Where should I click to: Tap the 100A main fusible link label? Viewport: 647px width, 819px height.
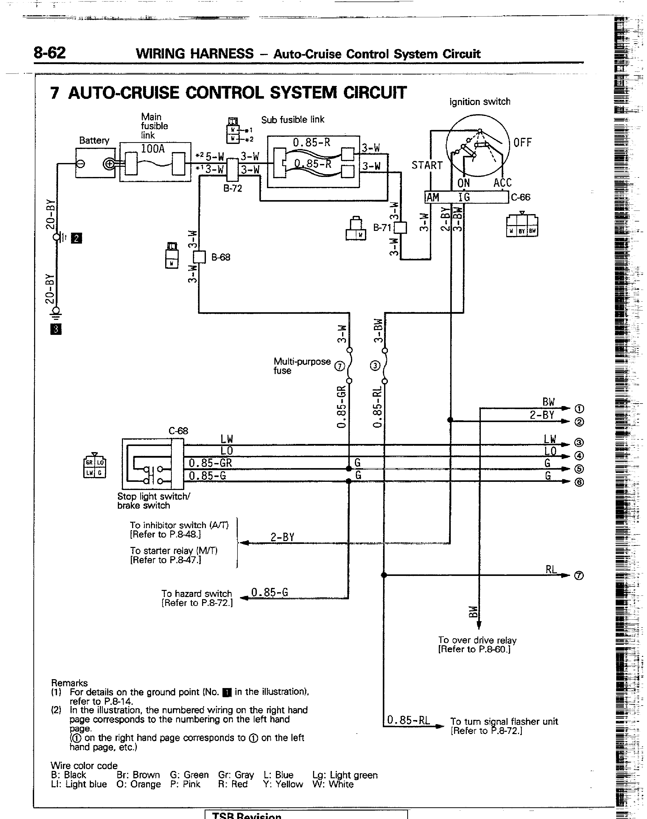(153, 149)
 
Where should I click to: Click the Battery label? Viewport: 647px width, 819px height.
(94, 140)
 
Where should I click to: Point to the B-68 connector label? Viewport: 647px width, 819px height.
(220, 257)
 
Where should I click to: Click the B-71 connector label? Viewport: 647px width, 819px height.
(382, 228)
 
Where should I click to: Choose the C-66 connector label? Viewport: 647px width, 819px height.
(521, 197)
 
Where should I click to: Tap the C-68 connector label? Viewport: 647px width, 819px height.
(178, 431)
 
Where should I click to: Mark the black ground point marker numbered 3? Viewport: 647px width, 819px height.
(56, 329)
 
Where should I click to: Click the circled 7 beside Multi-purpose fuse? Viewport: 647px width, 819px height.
(340, 366)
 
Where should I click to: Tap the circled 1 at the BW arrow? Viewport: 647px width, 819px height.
(579, 409)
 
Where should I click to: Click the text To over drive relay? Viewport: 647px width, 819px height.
(477, 640)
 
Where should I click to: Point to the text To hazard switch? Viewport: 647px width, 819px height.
(196, 593)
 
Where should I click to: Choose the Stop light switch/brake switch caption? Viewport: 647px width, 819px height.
(153, 501)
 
